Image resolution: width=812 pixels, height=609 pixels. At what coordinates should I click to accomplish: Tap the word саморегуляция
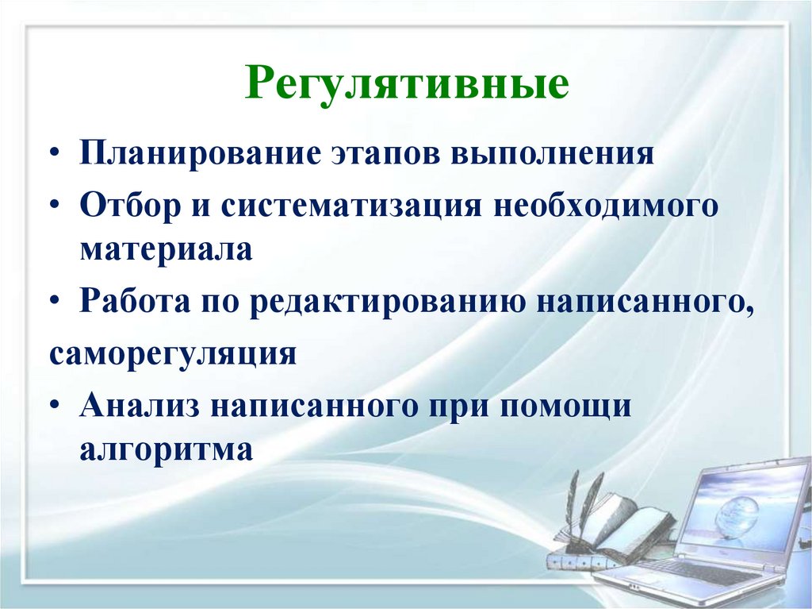click(173, 352)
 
